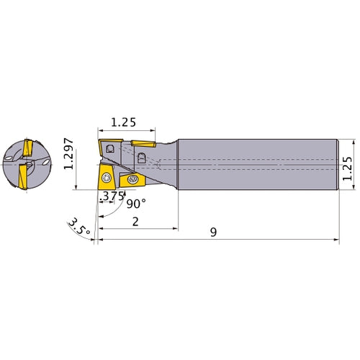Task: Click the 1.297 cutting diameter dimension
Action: point(68,154)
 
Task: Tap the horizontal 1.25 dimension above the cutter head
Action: point(123,122)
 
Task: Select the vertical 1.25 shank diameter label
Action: point(347,168)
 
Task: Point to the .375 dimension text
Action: point(112,196)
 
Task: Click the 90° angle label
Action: point(136,204)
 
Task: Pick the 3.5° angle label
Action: point(79,227)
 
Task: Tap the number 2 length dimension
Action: point(135,222)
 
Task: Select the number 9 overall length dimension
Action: point(213,232)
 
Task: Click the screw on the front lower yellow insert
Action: point(106,178)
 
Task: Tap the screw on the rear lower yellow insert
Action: point(132,179)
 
